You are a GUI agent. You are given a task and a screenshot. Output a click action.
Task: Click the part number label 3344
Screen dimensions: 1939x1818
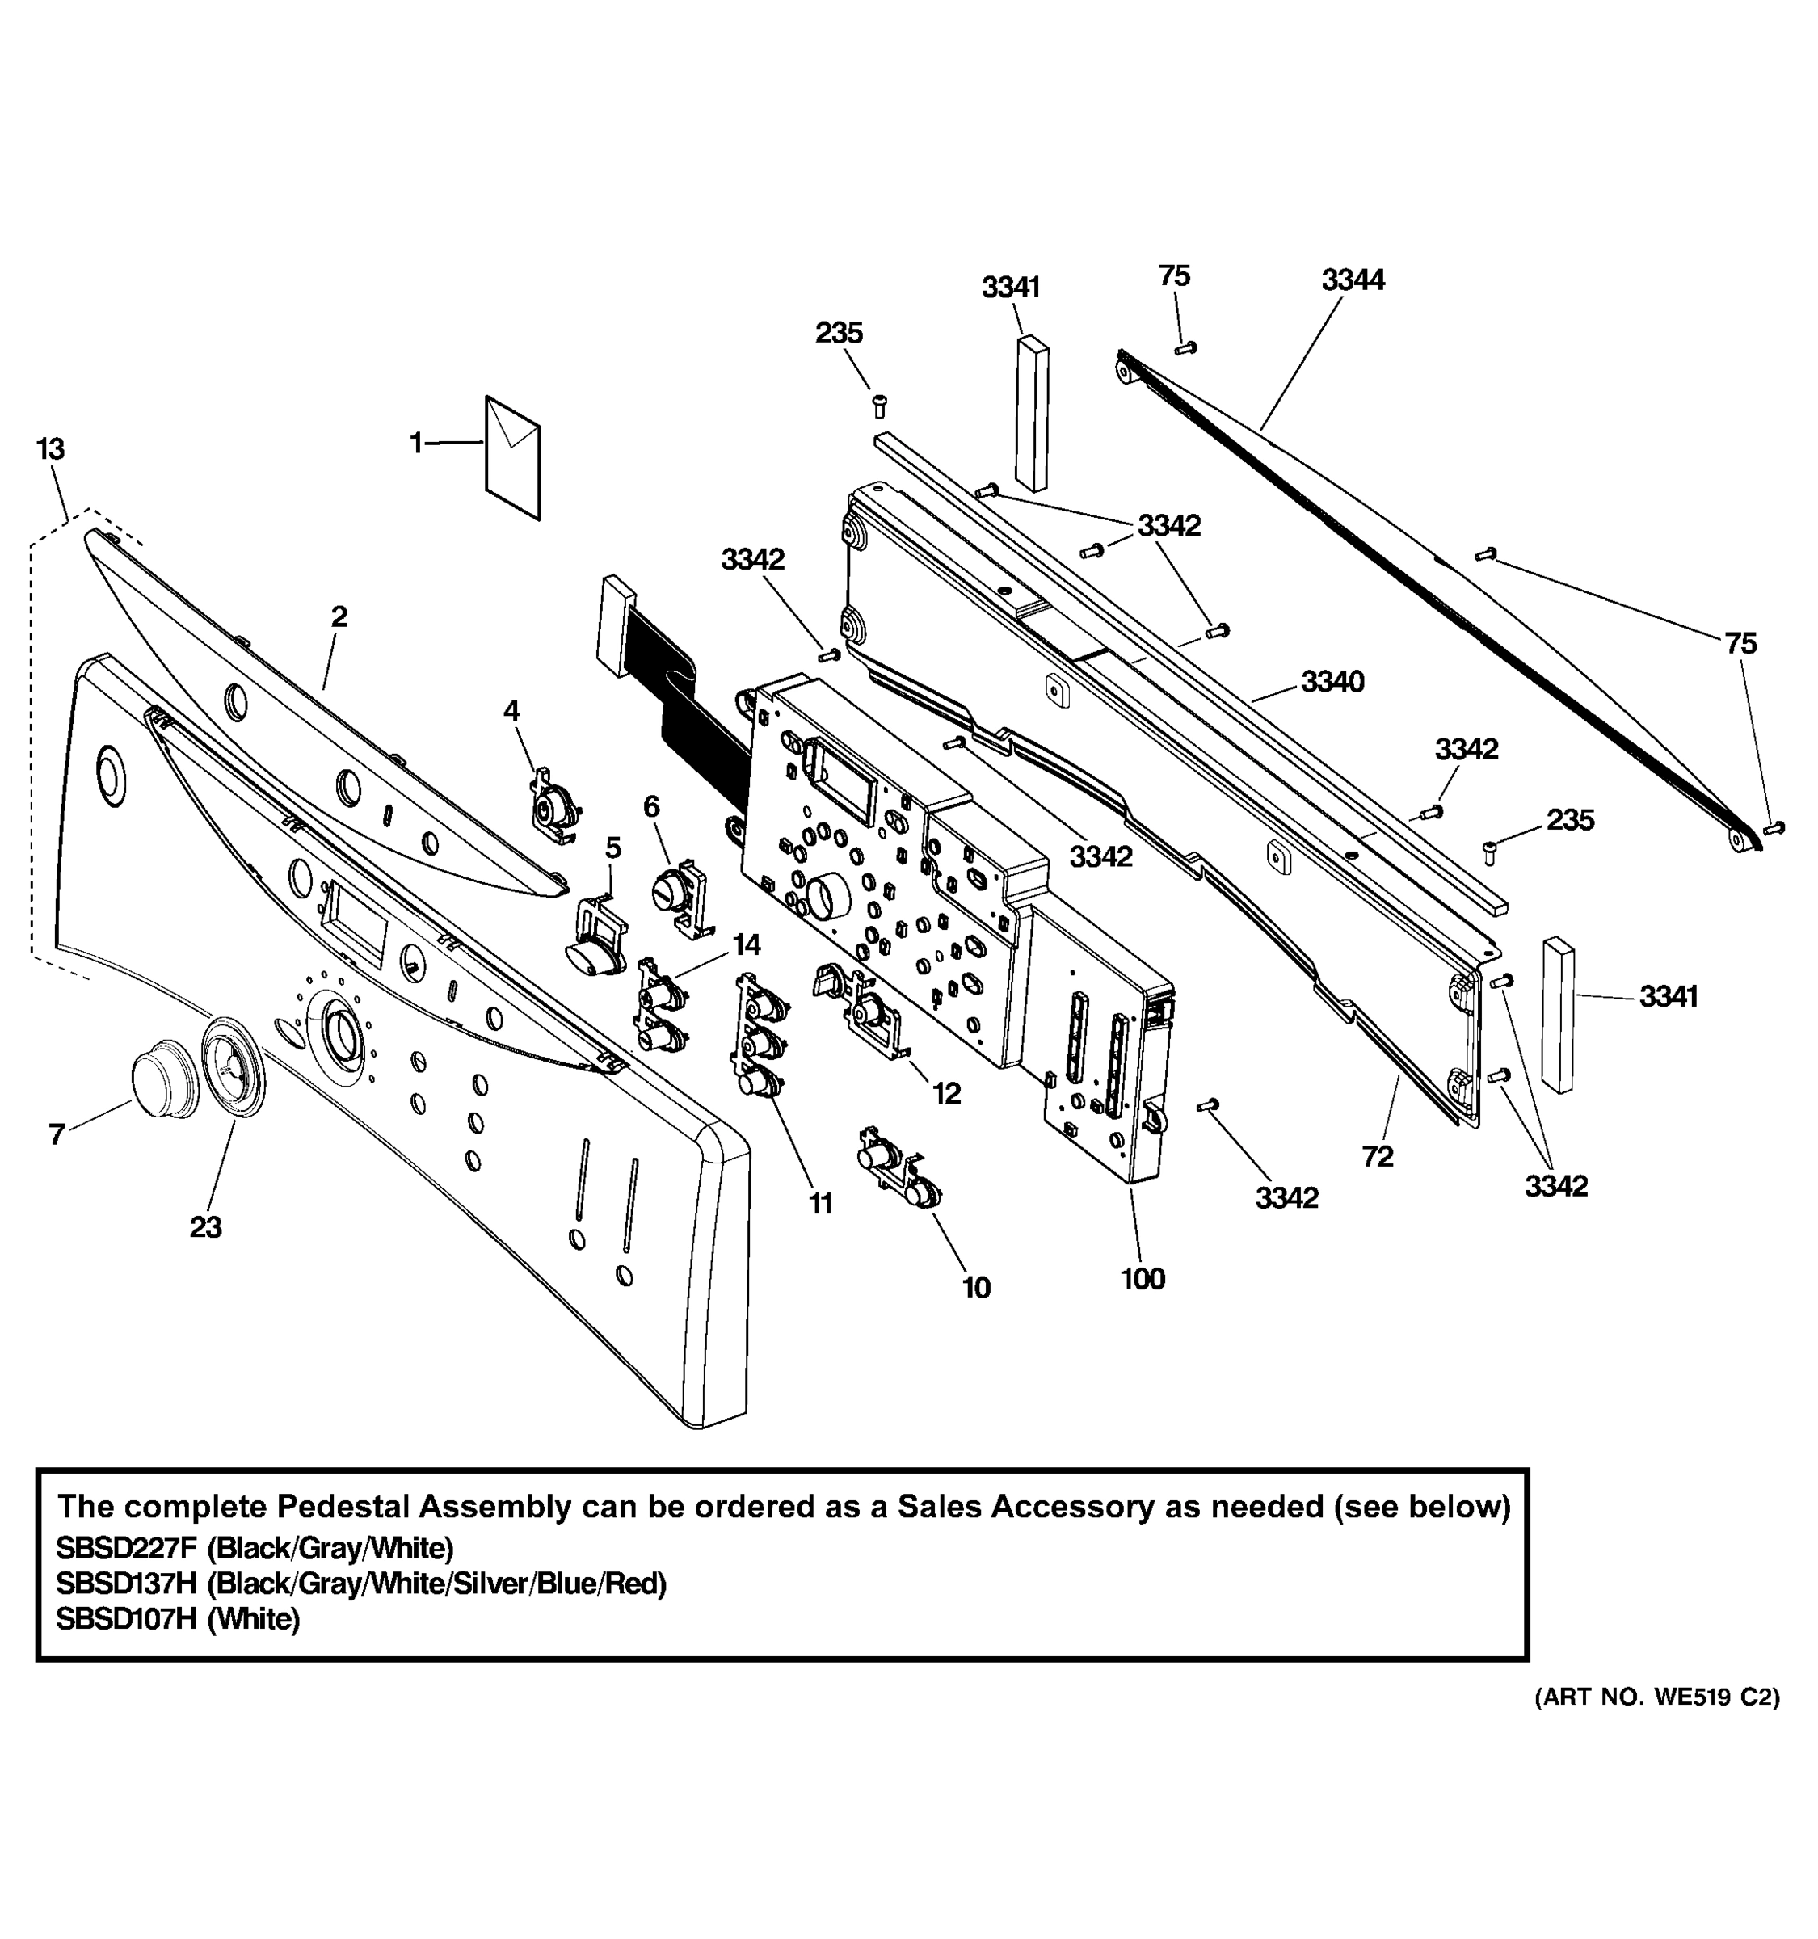point(1352,280)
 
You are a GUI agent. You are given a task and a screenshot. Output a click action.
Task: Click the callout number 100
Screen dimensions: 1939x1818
point(1142,1279)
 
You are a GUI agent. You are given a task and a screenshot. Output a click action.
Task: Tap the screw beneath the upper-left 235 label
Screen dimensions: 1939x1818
point(877,404)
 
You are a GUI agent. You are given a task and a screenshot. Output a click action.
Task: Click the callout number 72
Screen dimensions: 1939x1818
point(1377,1157)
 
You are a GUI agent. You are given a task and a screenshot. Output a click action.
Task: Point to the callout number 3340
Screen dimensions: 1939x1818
point(1332,682)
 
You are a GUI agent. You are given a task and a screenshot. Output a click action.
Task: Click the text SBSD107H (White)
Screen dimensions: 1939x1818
point(178,1619)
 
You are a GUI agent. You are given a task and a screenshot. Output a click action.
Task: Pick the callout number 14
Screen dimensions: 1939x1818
point(746,944)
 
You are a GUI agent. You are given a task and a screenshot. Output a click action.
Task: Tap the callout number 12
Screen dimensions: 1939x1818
point(946,1093)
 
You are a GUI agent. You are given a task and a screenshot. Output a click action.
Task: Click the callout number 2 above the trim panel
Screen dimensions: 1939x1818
point(339,616)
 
